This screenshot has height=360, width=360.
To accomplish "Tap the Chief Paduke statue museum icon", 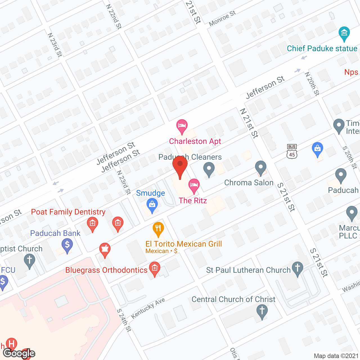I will (344, 33).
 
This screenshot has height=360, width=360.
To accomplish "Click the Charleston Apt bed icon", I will (182, 126).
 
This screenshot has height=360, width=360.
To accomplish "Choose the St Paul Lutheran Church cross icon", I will (298, 268).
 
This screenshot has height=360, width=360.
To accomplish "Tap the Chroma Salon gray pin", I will (261, 168).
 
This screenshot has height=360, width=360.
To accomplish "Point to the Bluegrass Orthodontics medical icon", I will (154, 268).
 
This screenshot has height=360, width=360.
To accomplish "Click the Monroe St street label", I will (222, 19).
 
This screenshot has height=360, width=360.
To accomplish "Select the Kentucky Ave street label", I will (148, 308).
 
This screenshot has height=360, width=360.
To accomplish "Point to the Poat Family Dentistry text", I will (68, 212).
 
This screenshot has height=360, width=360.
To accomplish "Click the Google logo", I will (19, 353).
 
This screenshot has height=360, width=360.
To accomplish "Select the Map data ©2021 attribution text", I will (336, 356).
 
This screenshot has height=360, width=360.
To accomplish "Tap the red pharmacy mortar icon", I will (105, 249).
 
